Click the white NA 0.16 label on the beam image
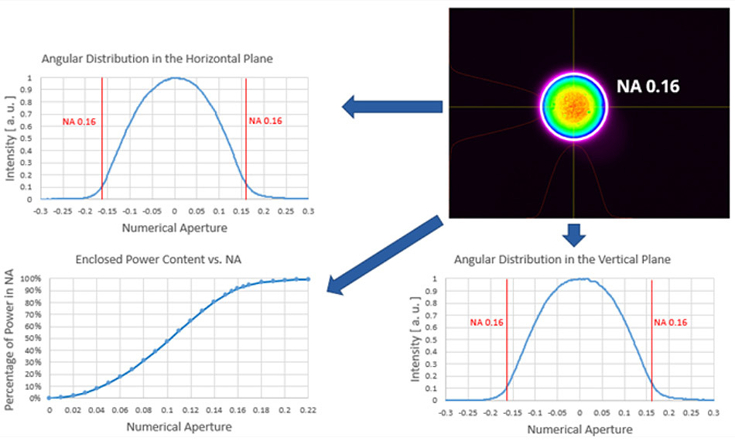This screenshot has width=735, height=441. (648, 86)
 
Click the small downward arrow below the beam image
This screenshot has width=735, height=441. (574, 234)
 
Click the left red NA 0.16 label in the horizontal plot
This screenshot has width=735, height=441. (80, 121)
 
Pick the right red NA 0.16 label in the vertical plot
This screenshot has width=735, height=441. (671, 322)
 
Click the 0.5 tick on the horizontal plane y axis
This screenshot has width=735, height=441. (29, 138)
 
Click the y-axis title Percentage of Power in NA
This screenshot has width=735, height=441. (10, 341)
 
